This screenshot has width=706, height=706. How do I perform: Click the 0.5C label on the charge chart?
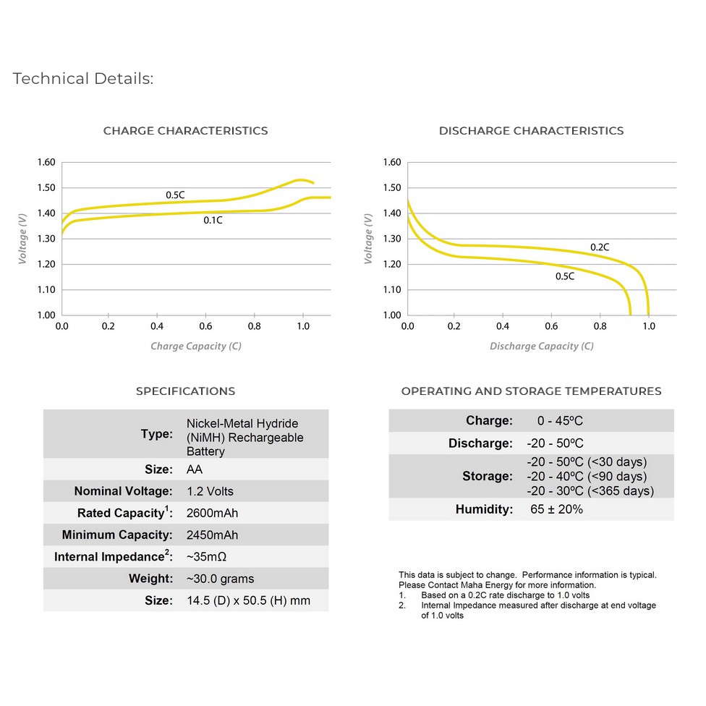tap(175, 195)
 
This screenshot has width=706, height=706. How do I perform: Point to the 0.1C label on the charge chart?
tap(213, 220)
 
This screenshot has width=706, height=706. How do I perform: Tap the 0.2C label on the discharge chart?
tap(600, 247)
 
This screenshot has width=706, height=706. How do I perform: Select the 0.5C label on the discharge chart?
tap(565, 276)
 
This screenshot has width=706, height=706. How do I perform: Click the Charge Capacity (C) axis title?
tap(196, 346)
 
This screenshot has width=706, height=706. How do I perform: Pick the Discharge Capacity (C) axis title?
tap(542, 346)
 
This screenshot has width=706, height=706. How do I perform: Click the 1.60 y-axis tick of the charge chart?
tap(46, 162)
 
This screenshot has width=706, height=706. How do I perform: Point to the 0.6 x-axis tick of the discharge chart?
tap(551, 326)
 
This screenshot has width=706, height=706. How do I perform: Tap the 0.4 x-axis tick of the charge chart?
tap(157, 326)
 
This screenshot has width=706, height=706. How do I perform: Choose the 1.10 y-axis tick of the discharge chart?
tap(392, 289)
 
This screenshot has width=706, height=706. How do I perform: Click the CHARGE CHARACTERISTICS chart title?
tap(185, 131)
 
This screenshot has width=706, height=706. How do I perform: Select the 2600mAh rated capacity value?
tap(212, 513)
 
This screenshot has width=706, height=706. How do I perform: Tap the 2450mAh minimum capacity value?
tap(212, 535)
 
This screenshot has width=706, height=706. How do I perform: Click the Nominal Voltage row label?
tap(124, 490)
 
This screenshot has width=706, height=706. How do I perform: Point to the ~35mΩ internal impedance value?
tap(206, 557)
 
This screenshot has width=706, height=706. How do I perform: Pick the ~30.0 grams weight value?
tap(220, 579)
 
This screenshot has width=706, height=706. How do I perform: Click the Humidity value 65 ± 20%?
tap(556, 509)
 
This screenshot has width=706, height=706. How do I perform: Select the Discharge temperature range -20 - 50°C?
tap(555, 443)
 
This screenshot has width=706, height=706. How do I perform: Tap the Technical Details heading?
tap(83, 78)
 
